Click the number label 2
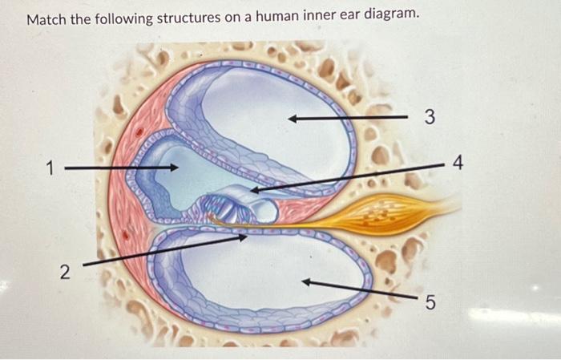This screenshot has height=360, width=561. tap(63, 272)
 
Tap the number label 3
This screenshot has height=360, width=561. tap(430, 119)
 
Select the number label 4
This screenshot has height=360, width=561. tap(458, 164)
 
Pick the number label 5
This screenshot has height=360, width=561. tap(430, 302)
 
